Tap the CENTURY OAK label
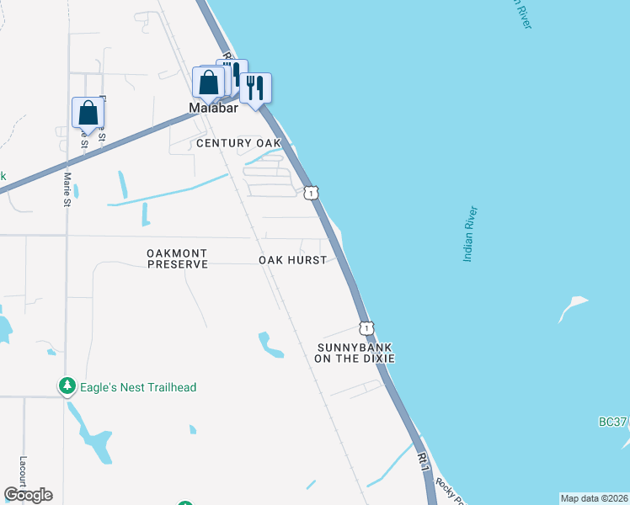(238, 143)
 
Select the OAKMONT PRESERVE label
(177, 258)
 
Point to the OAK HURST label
(292, 260)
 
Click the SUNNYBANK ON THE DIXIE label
(355, 353)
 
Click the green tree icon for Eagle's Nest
(67, 386)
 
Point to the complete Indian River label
(470, 233)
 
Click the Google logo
(28, 495)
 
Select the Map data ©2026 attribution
(594, 498)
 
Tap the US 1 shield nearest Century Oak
(312, 193)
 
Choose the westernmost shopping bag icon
(88, 113)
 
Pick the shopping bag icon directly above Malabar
(208, 82)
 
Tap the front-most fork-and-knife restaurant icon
(255, 87)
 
